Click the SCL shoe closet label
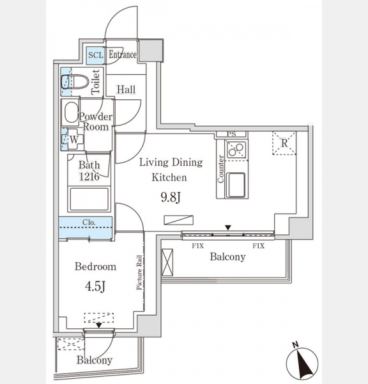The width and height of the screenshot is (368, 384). click(x=96, y=55)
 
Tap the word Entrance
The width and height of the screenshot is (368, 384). click(x=123, y=54)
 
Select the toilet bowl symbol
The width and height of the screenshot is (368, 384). click(x=75, y=81)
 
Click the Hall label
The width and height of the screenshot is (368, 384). click(x=126, y=90)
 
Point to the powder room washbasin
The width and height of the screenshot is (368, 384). click(x=71, y=113)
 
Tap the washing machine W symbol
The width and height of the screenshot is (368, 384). click(x=74, y=140)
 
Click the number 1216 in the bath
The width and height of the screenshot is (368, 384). click(x=89, y=176)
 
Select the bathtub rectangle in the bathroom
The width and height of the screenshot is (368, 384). click(x=89, y=199)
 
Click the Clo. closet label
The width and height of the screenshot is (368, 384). click(x=89, y=222)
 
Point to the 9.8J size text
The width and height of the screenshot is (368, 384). click(x=171, y=197)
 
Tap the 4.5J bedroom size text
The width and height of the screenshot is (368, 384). click(x=95, y=286)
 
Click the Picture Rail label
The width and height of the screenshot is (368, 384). click(x=139, y=273)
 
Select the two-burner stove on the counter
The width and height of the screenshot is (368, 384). click(x=236, y=149)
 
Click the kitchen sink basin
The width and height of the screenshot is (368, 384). click(x=236, y=185)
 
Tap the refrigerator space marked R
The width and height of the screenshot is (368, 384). click(x=284, y=143)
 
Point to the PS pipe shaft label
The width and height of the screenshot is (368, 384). click(x=231, y=134)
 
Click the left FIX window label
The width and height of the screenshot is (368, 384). click(x=198, y=246)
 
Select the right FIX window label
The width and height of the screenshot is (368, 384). click(x=259, y=246)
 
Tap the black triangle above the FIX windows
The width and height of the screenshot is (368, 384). click(x=228, y=228)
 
